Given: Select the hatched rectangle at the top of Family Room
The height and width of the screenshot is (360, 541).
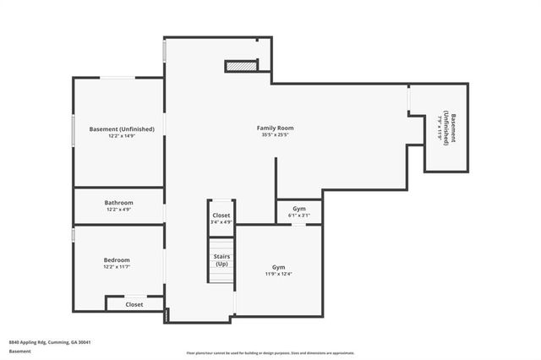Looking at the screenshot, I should pos(240,66).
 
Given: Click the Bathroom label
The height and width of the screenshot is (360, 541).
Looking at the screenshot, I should pos(118,203).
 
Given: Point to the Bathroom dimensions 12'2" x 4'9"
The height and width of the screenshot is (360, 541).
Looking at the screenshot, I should pos(118,210).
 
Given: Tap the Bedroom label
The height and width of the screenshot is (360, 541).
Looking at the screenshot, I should pos(117,260).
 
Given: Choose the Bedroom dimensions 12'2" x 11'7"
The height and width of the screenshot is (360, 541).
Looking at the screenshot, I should pos(117,267).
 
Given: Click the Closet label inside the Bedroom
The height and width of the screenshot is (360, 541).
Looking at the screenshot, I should pos(134,304).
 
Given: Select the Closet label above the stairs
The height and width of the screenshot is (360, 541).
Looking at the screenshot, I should pos(221,215).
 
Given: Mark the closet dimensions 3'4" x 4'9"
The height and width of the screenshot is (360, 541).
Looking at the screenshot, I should pos(221,222).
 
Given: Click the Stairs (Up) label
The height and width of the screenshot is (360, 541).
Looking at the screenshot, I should pos(221,260).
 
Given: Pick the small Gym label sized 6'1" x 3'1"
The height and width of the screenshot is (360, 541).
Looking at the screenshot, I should pos(300,208).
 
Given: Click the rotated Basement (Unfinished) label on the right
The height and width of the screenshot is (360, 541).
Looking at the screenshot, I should pos(449,128).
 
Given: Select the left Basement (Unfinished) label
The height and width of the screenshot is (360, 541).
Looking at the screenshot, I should pos(122,128).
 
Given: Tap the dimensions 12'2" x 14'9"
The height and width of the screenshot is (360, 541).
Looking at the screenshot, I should pos(122,136).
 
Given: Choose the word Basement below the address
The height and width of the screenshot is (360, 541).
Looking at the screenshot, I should pos(16,352).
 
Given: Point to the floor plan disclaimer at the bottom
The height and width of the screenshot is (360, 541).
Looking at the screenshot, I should pos(270,353).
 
